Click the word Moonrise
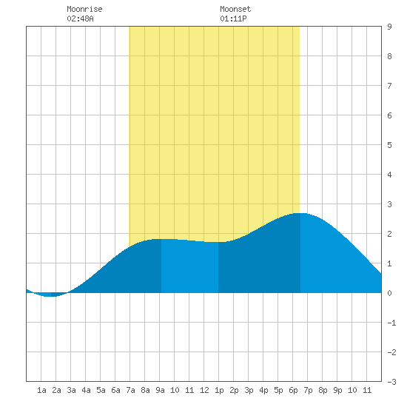coord(84,9)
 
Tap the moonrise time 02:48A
coord(80,18)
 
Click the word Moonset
coord(235,9)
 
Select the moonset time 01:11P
coord(233,18)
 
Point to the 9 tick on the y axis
coord(389,27)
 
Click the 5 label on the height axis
coord(389,145)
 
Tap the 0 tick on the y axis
coord(389,293)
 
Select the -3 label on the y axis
coord(391,382)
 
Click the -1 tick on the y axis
coord(391,323)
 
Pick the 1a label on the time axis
coord(41,390)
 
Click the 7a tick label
coord(130,390)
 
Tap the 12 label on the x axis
coord(204,390)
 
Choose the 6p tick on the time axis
coord(293,390)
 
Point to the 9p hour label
coord(337,390)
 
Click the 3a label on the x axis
coord(71,390)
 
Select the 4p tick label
coord(263,390)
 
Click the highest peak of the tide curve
coord(300,213)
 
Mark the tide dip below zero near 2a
coord(49,296)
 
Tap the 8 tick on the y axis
coord(389,56)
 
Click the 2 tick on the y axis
coord(389,234)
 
